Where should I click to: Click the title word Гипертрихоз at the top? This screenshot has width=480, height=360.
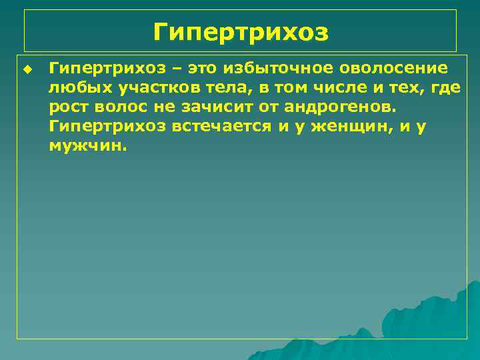(241, 31)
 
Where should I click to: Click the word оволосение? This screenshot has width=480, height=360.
(393, 69)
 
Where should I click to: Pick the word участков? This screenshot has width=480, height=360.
(141, 88)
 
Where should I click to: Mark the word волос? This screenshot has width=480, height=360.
(117, 107)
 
